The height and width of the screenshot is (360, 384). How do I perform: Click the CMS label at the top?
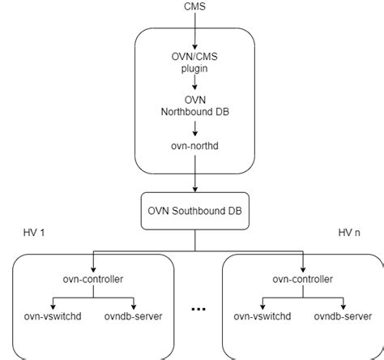194,6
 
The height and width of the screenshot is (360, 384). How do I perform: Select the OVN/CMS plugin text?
194,62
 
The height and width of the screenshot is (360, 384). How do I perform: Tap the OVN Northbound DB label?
195,105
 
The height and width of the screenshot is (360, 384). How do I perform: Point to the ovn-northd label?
194,146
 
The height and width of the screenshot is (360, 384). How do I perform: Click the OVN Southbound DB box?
195,211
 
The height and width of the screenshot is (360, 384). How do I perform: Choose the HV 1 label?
34,233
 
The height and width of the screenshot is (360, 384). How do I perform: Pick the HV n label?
349,233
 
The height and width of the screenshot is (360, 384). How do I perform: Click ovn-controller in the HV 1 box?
93,279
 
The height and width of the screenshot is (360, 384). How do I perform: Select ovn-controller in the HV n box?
303,279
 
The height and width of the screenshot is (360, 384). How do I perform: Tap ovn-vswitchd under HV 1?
53,316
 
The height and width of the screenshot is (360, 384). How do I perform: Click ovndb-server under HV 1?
134,316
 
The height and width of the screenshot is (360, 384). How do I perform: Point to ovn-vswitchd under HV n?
262,316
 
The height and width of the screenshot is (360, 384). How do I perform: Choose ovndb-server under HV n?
343,316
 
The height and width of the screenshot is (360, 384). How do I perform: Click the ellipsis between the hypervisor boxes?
198,309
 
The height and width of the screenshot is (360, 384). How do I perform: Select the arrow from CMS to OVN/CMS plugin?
195,31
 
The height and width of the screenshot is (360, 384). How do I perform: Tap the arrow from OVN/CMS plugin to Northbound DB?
195,82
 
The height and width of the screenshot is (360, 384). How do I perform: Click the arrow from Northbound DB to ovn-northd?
195,128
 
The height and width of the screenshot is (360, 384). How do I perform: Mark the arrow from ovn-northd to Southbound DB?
195,174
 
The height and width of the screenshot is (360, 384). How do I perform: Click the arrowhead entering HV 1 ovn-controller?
93,269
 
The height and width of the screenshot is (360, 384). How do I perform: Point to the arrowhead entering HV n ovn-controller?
303,269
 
